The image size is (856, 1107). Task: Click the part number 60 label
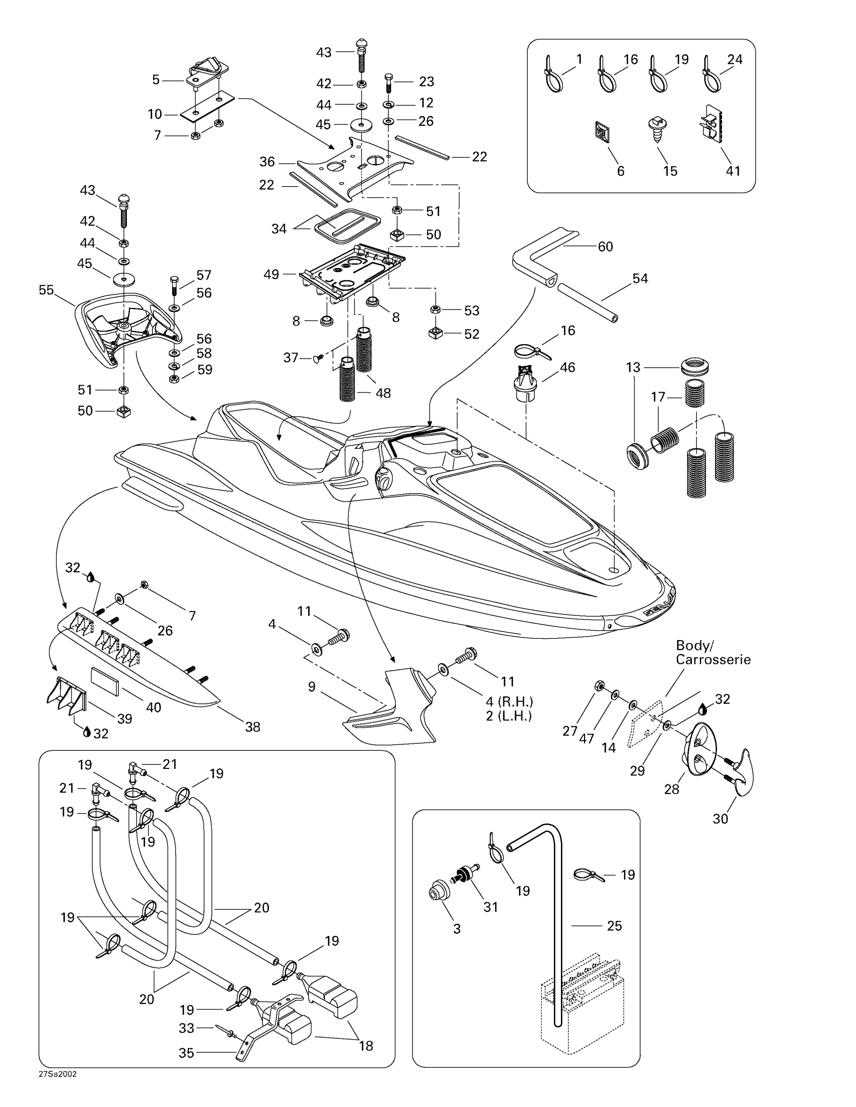[605, 247]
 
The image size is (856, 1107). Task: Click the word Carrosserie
[713, 660]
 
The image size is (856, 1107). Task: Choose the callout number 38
[253, 727]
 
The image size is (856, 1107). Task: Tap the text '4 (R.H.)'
[510, 702]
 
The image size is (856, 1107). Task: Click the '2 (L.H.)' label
[509, 716]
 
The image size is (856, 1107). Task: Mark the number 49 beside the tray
[271, 275]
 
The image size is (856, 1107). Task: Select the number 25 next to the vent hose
[615, 926]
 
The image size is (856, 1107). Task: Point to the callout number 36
[267, 162]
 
